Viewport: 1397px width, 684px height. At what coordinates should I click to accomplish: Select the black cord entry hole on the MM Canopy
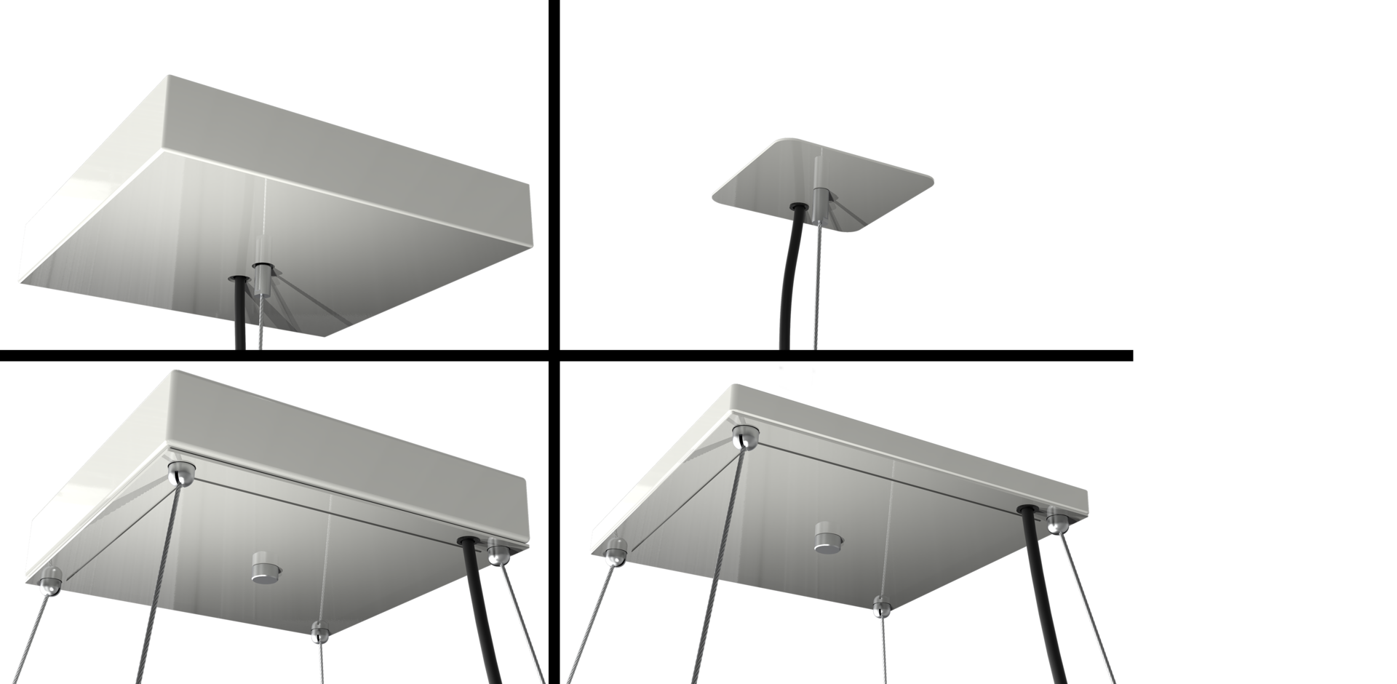coord(238,279)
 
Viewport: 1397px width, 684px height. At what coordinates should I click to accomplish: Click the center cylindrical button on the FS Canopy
coord(262,568)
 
